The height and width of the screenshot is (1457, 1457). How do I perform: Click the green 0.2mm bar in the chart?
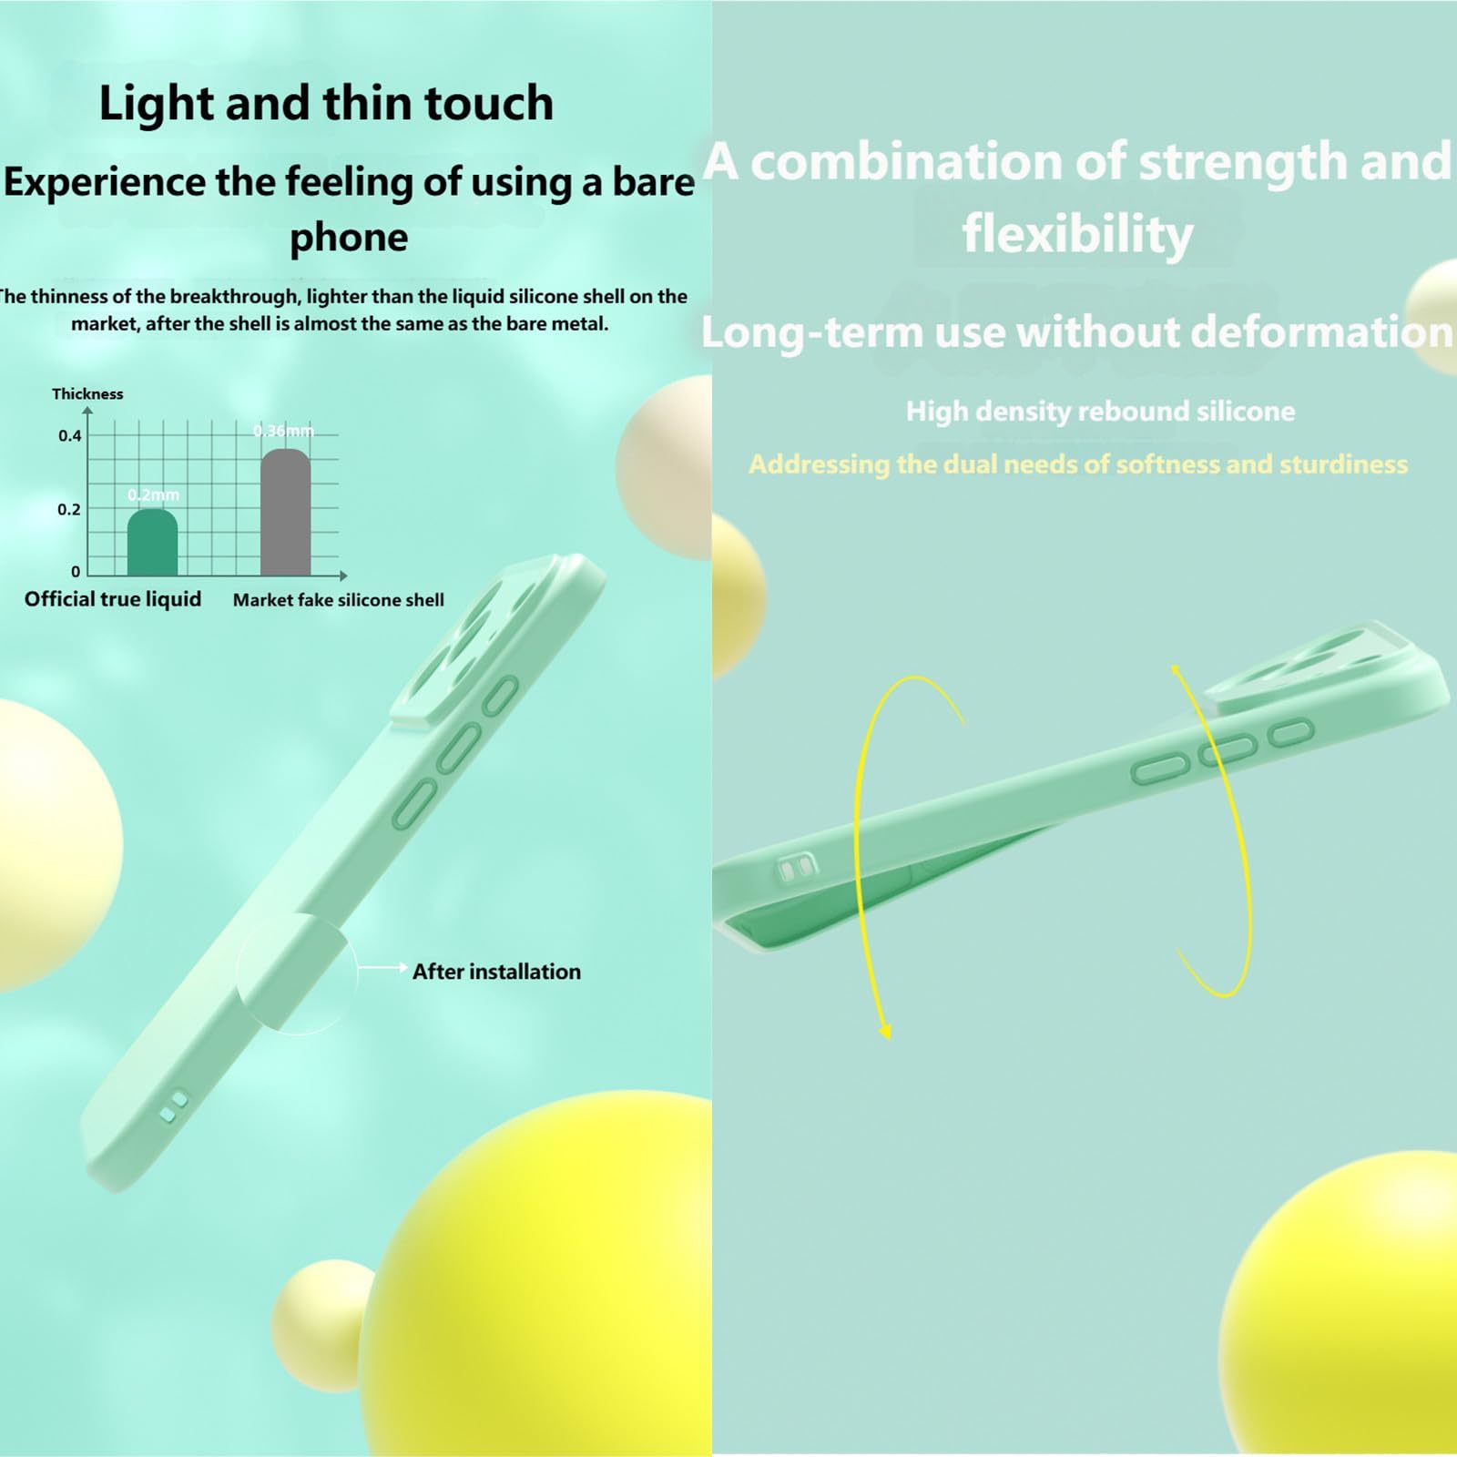tap(152, 543)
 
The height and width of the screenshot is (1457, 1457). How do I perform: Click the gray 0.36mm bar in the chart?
tap(285, 513)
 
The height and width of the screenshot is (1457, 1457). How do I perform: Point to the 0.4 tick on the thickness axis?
tap(69, 436)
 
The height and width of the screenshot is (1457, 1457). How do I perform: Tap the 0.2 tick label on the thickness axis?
tap(69, 510)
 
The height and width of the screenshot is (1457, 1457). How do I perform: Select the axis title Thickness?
tap(87, 393)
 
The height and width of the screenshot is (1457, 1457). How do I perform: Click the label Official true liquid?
tap(113, 599)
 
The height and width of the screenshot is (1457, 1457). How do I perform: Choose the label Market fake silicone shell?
tap(339, 600)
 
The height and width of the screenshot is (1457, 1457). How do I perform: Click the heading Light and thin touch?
tap(326, 102)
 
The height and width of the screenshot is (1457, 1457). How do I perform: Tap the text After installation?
tap(496, 972)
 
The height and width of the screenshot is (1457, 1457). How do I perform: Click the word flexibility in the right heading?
tap(1078, 234)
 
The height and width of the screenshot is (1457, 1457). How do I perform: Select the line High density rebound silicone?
tap(1100, 412)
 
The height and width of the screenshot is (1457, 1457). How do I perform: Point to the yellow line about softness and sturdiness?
tap(1078, 464)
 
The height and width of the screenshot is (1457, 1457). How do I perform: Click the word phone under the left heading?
tap(349, 238)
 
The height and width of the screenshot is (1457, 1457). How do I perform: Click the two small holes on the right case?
tap(797, 869)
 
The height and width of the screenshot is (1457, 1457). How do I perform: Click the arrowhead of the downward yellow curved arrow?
tap(884, 1030)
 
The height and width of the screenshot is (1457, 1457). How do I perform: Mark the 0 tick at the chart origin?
tap(76, 572)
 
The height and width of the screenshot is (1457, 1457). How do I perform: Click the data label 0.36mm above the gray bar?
tap(283, 431)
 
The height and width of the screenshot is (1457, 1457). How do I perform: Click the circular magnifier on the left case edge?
tap(296, 974)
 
